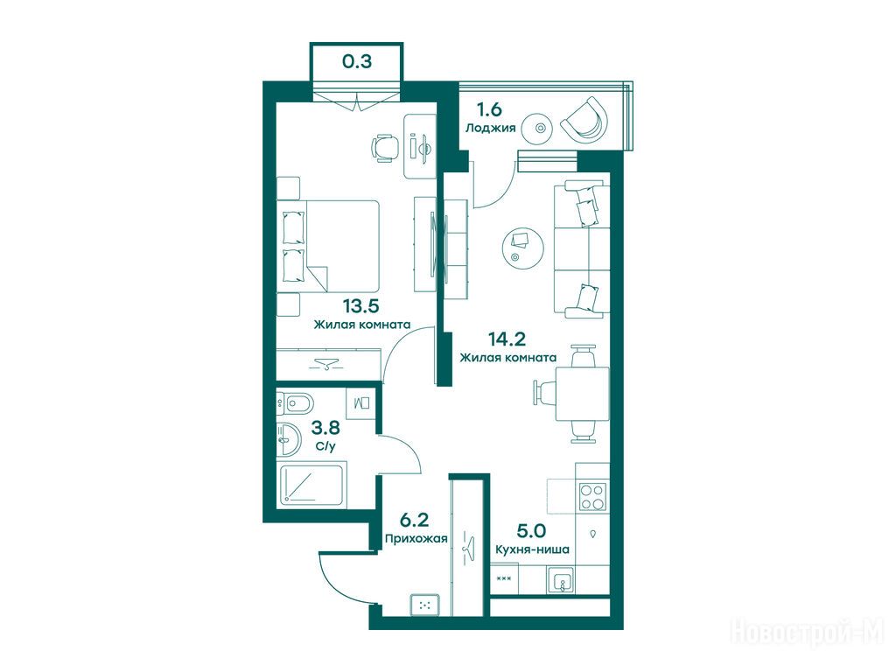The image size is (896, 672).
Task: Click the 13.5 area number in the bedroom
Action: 361,307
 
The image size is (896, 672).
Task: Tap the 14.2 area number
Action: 507,339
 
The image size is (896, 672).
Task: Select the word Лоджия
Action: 490,128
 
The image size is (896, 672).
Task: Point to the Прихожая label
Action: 416,538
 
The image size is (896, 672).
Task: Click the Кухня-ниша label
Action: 532,549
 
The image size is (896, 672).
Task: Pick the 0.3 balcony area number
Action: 357,61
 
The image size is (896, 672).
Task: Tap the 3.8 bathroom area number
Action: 325,427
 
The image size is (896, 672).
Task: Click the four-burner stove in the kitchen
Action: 592,497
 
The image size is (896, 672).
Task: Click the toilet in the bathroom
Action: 295,403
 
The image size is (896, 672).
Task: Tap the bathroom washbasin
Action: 289,440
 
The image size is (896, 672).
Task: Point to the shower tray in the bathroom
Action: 312,485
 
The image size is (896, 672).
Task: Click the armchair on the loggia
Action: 584,121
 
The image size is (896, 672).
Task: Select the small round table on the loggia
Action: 539,128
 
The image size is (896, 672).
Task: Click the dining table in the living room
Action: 582,394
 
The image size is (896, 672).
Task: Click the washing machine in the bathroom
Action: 361,403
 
